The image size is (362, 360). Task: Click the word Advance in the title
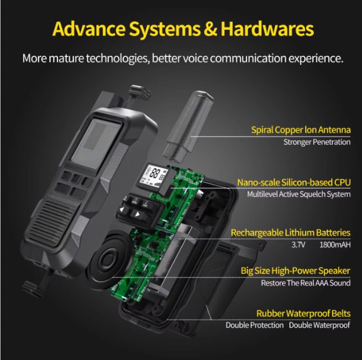[x=89, y=29]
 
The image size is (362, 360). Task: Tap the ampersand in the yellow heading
[x=211, y=29]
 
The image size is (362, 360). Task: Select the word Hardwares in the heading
[x=267, y=29]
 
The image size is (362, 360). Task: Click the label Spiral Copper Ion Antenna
[x=301, y=130]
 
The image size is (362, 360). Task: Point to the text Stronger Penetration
[x=317, y=142]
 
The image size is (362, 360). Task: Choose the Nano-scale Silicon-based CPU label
[x=294, y=182]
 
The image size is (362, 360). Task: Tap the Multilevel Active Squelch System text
[x=299, y=194]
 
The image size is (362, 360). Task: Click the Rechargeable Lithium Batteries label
[x=291, y=232]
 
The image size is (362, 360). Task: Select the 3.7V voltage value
[x=298, y=245]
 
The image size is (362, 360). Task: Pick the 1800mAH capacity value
[x=335, y=245]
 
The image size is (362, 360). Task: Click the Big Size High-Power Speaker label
[x=296, y=271]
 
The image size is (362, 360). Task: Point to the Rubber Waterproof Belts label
[x=303, y=314]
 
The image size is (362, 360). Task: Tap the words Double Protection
[x=255, y=325]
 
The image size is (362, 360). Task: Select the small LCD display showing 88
[x=153, y=177]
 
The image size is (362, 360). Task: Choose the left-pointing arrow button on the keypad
[x=122, y=209]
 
